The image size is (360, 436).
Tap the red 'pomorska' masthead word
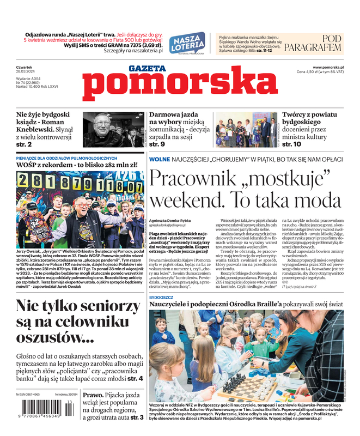tap(179, 84)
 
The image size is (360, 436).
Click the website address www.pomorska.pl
tap(331, 67)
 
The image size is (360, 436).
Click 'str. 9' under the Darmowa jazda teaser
tap(157, 144)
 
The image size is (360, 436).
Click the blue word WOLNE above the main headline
tap(160, 159)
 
